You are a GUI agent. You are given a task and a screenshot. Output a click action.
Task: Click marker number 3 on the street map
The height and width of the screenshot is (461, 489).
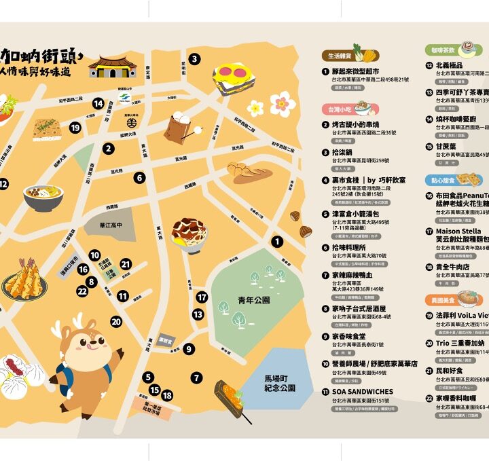pyautogui.click(x=194, y=59)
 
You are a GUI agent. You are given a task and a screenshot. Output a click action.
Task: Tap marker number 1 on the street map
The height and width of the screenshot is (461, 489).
pyautogui.click(x=277, y=241)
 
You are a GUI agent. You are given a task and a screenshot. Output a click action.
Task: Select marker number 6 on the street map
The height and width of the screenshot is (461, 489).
pyautogui.click(x=139, y=178)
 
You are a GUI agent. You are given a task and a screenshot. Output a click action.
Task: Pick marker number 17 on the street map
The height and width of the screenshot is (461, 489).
pyautogui.click(x=202, y=297)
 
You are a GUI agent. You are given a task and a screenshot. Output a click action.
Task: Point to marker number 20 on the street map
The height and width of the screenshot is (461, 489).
pyautogui.click(x=116, y=322)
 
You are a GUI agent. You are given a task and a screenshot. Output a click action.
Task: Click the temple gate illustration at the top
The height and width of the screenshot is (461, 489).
pyautogui.click(x=112, y=67)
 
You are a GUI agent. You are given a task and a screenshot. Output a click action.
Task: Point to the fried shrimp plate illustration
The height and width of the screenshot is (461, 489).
pyautogui.click(x=24, y=278)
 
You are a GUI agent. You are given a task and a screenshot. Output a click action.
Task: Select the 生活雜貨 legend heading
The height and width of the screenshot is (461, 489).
pyautogui.click(x=342, y=56)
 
